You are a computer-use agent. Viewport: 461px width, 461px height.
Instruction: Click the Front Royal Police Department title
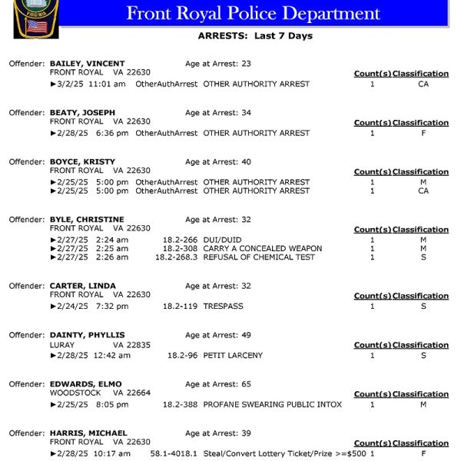(253, 14)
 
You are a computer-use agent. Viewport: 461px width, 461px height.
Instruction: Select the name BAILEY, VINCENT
(87, 64)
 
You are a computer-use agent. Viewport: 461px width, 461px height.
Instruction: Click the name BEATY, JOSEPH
(82, 113)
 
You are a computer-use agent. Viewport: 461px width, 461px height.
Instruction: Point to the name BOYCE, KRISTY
(82, 162)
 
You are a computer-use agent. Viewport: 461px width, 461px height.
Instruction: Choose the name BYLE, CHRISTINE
(87, 220)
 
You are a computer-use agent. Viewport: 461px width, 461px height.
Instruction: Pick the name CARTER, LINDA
(82, 286)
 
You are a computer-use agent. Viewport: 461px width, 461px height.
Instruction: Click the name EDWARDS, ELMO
(85, 384)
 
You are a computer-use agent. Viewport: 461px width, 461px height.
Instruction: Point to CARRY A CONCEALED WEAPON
(262, 249)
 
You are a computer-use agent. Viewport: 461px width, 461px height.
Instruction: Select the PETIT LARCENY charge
(233, 356)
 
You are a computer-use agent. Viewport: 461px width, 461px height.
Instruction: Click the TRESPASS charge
(223, 307)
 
